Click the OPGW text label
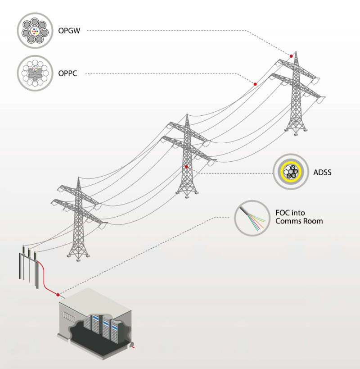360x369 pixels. pyautogui.click(x=68, y=31)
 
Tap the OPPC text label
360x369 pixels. pyautogui.click(x=67, y=73)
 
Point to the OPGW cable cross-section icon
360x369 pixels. pyautogui.click(x=35, y=31)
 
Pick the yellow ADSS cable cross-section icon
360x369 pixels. pyautogui.click(x=290, y=172)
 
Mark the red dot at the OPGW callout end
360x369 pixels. pyautogui.click(x=291, y=56)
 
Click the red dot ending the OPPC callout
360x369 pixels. pyautogui.click(x=255, y=84)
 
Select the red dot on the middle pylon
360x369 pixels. pyautogui.click(x=186, y=167)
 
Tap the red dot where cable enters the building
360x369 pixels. pyautogui.click(x=58, y=295)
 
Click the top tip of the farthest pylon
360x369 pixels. pyautogui.click(x=296, y=51)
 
